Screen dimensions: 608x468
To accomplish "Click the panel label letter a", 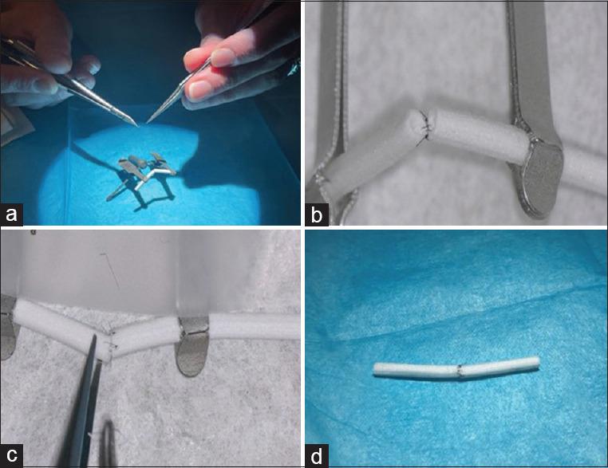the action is pyautogui.click(x=12, y=214).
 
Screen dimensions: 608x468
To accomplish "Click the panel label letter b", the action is pyautogui.click(x=317, y=214).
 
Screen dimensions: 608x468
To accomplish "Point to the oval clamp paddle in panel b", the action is pyautogui.click(x=539, y=179).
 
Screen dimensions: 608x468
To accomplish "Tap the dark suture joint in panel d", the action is pyautogui.click(x=460, y=371).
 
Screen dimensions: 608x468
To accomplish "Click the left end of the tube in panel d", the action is pyautogui.click(x=374, y=369).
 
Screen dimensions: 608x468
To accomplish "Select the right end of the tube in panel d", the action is pyautogui.click(x=538, y=361).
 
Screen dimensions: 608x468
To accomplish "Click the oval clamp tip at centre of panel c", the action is pyautogui.click(x=191, y=347).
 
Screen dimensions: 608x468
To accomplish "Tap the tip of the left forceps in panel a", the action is pyautogui.click(x=137, y=124).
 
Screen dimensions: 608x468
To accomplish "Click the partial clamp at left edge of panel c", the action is pyautogui.click(x=7, y=327).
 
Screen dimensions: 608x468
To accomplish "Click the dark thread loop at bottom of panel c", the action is pyautogui.click(x=108, y=442).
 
